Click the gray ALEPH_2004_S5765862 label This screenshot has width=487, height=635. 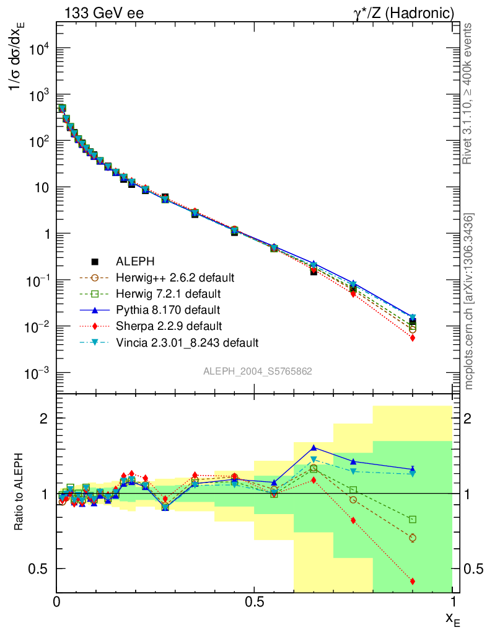pos(258,371)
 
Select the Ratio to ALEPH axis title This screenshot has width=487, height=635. pos(19,494)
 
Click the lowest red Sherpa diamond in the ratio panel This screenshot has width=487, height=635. pos(413,581)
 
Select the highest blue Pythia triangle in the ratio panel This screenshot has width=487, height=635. pos(314,447)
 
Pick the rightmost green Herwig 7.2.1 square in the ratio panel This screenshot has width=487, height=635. pos(413,519)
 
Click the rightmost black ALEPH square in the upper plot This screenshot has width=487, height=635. pos(413,322)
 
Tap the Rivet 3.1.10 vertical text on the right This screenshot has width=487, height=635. pos(468,93)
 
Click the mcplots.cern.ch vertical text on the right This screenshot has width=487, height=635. pos(468,301)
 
